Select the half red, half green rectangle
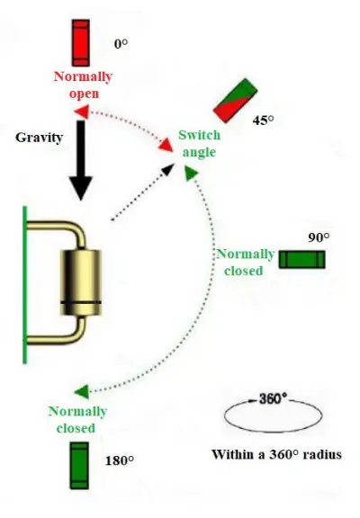tap(235, 101)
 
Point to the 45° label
tap(264, 120)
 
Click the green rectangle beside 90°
tap(301, 260)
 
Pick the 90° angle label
tap(319, 237)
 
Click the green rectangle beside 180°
tap(80, 462)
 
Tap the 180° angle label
tap(120, 460)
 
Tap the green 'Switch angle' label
tap(197, 144)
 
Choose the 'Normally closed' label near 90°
tap(245, 262)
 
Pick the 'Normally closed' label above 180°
tap(77, 420)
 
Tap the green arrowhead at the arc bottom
tap(81, 391)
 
